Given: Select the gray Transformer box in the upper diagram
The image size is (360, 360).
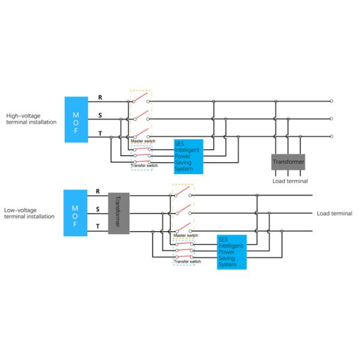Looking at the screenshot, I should (289, 162).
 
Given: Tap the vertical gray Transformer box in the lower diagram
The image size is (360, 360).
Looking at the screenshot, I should (118, 214).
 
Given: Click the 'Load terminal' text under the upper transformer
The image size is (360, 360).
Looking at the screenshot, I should (290, 181).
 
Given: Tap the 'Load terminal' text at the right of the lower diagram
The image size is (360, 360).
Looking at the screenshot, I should (334, 214).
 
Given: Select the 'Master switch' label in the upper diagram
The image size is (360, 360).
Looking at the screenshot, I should (143, 142).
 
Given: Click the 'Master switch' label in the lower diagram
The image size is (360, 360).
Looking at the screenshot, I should (185, 236).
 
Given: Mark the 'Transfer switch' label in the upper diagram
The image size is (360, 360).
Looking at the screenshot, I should (144, 165).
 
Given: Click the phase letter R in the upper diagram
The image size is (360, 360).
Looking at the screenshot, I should (100, 97).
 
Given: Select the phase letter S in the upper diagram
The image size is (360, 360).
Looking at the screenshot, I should (100, 115).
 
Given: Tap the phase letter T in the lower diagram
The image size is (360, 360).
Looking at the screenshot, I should (97, 226).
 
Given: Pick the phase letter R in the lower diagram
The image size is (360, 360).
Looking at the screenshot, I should (97, 191).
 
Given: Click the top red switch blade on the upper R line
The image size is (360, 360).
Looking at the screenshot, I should (140, 98).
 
